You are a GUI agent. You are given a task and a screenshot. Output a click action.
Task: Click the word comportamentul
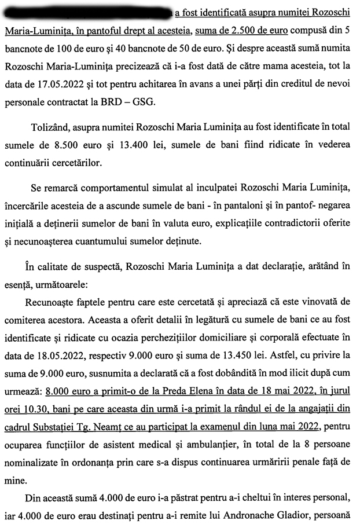click(x=101, y=190)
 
